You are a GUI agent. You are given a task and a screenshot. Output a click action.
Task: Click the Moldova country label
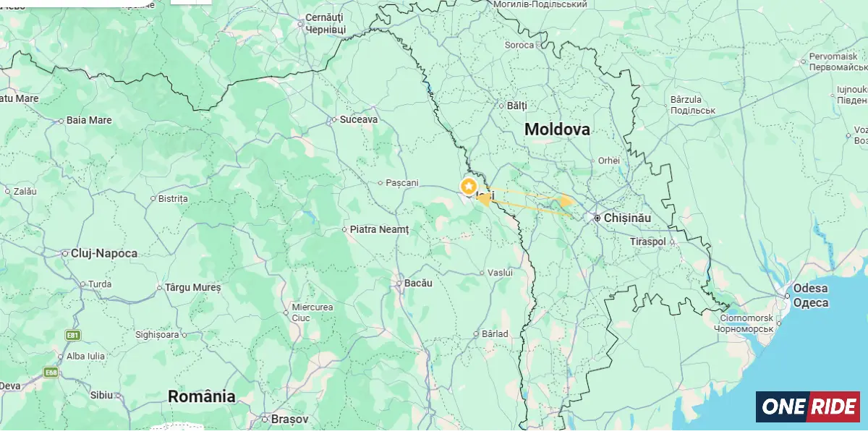pyautogui.click(x=556, y=129)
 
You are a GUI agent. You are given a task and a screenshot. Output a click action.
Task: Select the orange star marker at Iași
pyautogui.click(x=469, y=186)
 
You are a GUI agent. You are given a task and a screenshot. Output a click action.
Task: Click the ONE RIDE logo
pyautogui.click(x=807, y=407)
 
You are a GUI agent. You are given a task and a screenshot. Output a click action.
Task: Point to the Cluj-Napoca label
pyautogui.click(x=103, y=254)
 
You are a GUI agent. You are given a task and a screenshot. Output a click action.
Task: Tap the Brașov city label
pyautogui.click(x=289, y=419)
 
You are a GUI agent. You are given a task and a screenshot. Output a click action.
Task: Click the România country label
pyautogui.click(x=201, y=396)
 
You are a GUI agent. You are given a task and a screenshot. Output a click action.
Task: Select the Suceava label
pyautogui.click(x=359, y=119)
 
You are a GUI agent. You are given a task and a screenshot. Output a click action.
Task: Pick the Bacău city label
pyautogui.click(x=418, y=283)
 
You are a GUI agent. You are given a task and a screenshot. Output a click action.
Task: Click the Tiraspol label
pyautogui.click(x=647, y=241)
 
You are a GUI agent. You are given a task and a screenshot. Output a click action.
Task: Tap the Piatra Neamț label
pyautogui.click(x=379, y=229)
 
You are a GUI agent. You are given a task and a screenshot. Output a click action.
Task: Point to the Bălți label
pyautogui.click(x=516, y=105)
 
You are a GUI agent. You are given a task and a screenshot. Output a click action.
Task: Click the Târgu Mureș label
pyautogui.click(x=193, y=287)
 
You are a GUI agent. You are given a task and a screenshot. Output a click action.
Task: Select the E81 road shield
pyautogui.click(x=72, y=335)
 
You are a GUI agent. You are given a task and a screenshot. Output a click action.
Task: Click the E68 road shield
pyautogui.click(x=50, y=373)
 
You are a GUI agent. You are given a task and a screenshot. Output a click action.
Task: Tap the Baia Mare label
pyautogui.click(x=89, y=120)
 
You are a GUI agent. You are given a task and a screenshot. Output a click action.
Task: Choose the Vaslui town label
pyautogui.click(x=500, y=273)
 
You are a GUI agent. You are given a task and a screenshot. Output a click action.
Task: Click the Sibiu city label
pyautogui.click(x=101, y=395)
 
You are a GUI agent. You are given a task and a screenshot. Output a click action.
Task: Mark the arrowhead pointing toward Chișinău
pyautogui.click(x=568, y=201)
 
